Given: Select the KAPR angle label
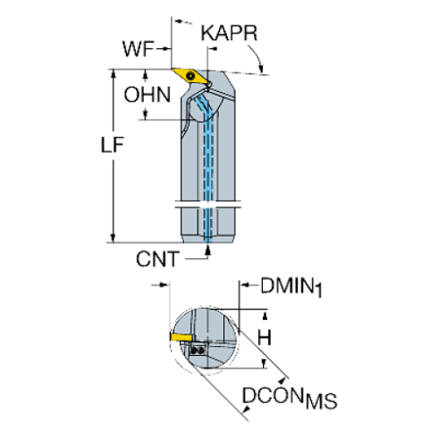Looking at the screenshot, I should coord(230,35).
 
